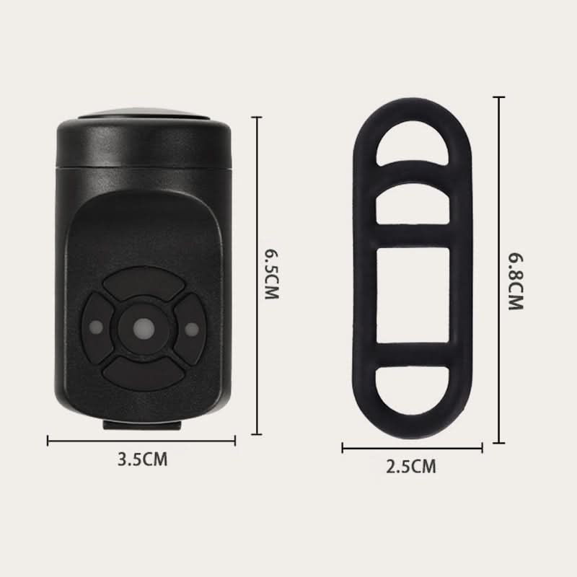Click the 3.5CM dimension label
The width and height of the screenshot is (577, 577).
click(x=142, y=459)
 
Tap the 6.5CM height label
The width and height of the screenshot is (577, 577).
click(x=273, y=275)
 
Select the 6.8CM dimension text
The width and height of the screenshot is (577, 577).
click(x=516, y=281)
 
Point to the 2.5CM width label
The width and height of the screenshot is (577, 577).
click(x=411, y=467)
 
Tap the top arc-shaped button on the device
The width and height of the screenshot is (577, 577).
click(x=144, y=283)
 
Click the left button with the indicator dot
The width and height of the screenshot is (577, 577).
click(x=97, y=327)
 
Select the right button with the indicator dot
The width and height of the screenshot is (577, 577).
click(x=190, y=328)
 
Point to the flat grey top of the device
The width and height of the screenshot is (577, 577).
click(x=144, y=114)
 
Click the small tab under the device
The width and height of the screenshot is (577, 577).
click(x=142, y=426)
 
